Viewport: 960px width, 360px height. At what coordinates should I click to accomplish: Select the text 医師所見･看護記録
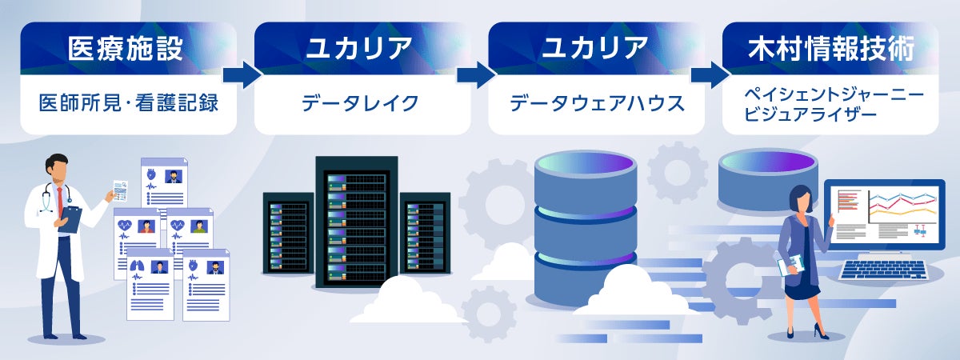click(x=128, y=103)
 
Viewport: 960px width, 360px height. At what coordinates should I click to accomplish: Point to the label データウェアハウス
click(x=597, y=103)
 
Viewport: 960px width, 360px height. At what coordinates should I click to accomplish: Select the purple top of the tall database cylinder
click(x=586, y=165)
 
